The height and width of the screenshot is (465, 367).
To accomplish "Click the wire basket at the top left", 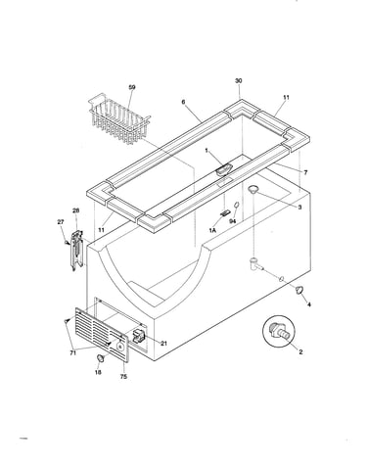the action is (119, 119).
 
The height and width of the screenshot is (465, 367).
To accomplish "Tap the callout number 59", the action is (132, 87).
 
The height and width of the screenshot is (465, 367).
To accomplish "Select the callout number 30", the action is (239, 80).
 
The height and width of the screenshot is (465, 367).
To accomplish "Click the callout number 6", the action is (183, 102).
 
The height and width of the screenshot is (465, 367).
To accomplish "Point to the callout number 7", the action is (305, 172).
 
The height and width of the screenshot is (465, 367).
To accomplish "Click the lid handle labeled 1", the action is (223, 169).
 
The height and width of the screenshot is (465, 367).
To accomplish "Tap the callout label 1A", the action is (212, 230).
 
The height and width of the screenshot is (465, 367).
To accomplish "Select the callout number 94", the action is (232, 221).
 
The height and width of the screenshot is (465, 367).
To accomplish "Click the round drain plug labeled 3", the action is (253, 188).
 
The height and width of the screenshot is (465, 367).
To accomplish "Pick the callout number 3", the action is (299, 208).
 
